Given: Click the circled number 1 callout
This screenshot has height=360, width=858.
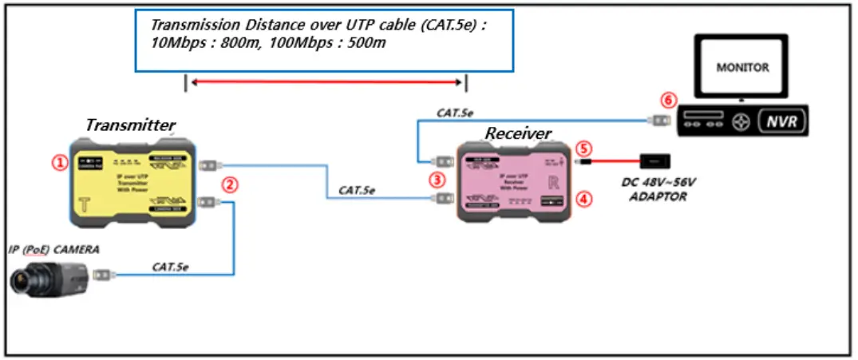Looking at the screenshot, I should (59, 162).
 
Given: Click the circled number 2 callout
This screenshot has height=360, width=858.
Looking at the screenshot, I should (229, 184).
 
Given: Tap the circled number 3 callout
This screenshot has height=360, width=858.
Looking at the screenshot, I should (437, 180).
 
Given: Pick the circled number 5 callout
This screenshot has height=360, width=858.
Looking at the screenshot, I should (584, 148).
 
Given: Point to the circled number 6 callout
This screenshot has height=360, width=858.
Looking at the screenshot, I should (669, 101).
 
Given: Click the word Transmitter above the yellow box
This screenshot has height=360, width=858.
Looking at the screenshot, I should (130, 125).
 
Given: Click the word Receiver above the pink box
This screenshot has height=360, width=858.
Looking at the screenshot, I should (519, 133).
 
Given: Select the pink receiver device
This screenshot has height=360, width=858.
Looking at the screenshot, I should (515, 183).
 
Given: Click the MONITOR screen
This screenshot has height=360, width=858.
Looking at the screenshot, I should (741, 68).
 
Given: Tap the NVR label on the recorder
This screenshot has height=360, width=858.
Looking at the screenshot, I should (782, 122).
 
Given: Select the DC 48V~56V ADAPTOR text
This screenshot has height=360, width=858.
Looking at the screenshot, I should (658, 189).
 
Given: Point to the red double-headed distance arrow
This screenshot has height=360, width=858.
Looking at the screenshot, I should (326, 81).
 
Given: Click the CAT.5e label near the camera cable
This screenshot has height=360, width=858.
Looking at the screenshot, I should (171, 267).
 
